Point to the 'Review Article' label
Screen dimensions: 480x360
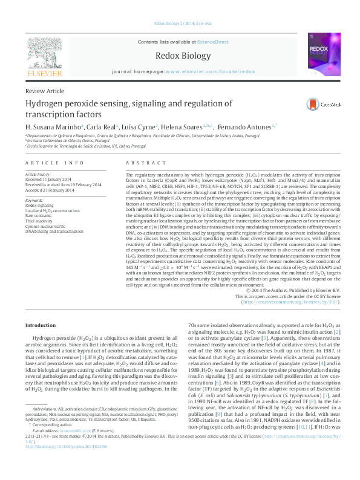point(44,91)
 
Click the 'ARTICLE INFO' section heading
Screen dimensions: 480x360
point(54,163)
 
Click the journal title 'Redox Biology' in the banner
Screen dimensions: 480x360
point(180,55)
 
